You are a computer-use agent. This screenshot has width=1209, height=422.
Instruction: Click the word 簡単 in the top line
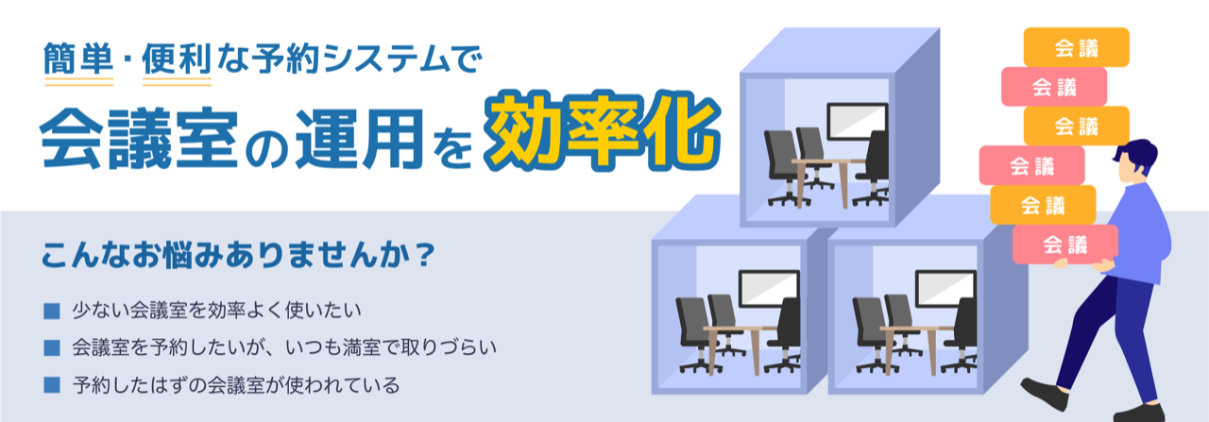pyautogui.click(x=78, y=59)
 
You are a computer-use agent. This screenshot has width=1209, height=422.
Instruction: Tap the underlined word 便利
pyautogui.click(x=177, y=59)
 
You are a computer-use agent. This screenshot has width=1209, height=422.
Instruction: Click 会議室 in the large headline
pyautogui.click(x=139, y=138)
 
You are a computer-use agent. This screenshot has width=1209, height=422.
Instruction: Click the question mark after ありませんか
pyautogui.click(x=426, y=254)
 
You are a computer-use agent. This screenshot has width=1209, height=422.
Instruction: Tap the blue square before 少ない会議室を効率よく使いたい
pyautogui.click(x=52, y=312)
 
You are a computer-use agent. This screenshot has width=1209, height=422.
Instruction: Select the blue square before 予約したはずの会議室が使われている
pyautogui.click(x=52, y=385)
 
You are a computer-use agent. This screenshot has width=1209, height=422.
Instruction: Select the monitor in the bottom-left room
pyautogui.click(x=769, y=288)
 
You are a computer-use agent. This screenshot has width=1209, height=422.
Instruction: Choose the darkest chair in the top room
pyautogui.click(x=874, y=167)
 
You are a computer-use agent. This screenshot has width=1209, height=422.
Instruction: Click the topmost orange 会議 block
pyautogui.click(x=1076, y=47)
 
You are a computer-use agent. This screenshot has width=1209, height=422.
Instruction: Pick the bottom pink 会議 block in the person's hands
pyautogui.click(x=1064, y=245)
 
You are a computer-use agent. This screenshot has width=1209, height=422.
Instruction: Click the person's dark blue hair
pyautogui.click(x=1138, y=153)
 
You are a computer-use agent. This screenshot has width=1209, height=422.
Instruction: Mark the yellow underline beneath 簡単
pyautogui.click(x=78, y=82)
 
